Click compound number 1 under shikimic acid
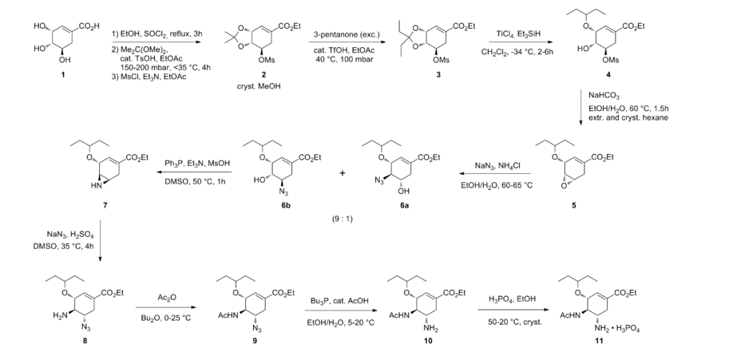[x=63, y=74]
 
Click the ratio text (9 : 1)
[x=343, y=219]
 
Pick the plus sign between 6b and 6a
[x=343, y=173]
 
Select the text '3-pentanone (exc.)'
[x=347, y=34]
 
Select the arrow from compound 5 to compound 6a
[x=495, y=173]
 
